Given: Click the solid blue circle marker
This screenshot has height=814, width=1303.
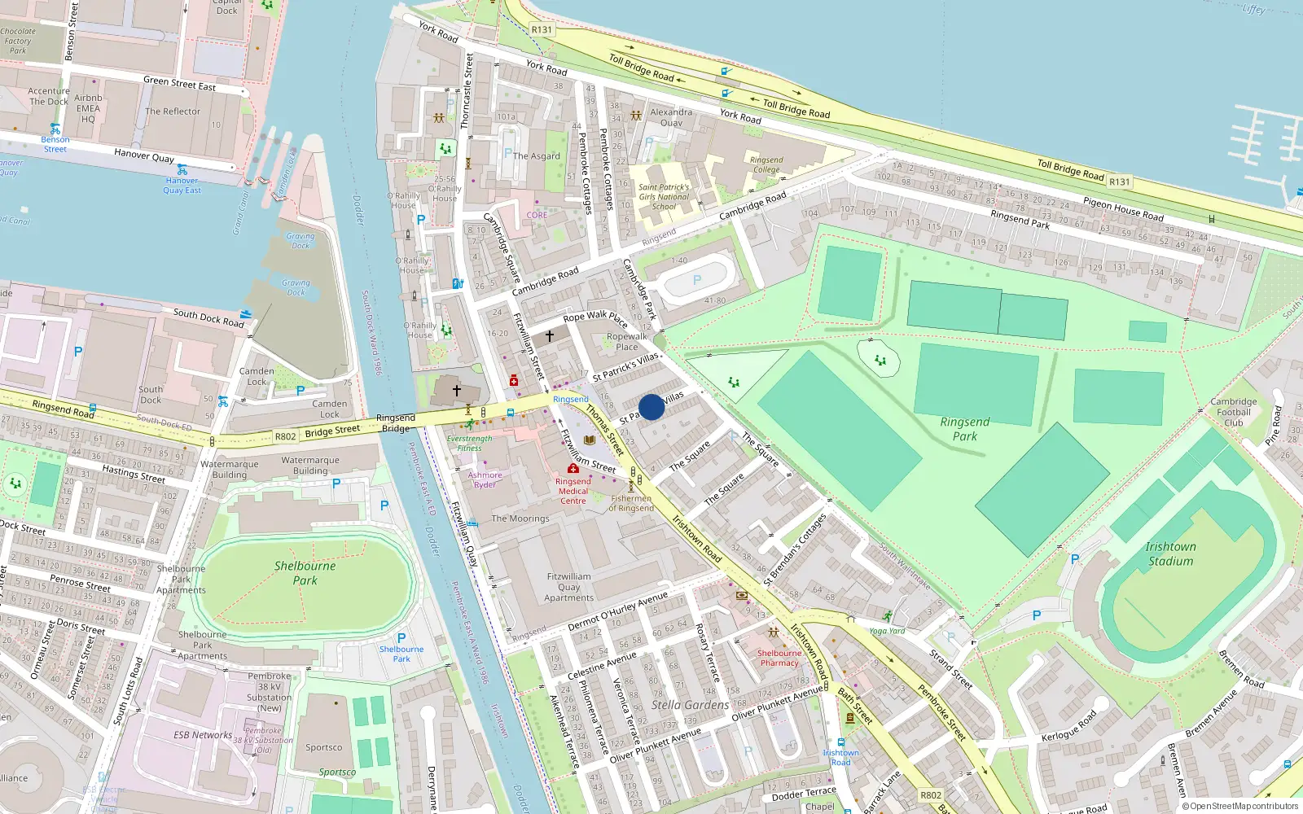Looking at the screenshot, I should (x=651, y=407).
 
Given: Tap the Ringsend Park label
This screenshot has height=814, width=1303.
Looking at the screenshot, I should (x=964, y=429).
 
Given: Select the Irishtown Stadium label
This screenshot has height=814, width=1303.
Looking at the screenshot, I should (x=1170, y=554).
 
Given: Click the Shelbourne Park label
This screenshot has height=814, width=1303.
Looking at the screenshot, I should (x=305, y=573).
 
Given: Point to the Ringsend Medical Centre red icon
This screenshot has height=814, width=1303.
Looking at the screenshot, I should (x=573, y=469).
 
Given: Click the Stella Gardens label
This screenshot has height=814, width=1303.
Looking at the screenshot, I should (x=690, y=705).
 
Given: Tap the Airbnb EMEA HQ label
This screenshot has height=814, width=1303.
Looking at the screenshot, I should (x=88, y=108).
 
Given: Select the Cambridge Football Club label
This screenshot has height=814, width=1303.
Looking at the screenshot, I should (x=1233, y=412).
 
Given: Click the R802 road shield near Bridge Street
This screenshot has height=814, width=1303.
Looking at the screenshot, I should (x=285, y=436).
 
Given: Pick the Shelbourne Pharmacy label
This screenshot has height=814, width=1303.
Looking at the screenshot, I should (x=779, y=658).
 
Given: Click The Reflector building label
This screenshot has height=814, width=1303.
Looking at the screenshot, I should (x=173, y=112).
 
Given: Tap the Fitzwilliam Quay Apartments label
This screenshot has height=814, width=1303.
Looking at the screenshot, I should (x=568, y=587).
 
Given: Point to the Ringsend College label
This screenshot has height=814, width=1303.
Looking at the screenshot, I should (x=766, y=164).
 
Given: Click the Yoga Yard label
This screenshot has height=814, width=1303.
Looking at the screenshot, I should (x=887, y=631).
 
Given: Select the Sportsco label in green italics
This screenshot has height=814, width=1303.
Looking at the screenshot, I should (x=337, y=772).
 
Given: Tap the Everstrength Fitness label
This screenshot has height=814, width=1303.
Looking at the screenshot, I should (x=469, y=444).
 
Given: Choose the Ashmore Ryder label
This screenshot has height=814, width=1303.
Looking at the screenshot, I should (x=485, y=479).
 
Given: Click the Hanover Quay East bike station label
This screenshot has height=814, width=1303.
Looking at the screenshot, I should (x=182, y=186).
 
